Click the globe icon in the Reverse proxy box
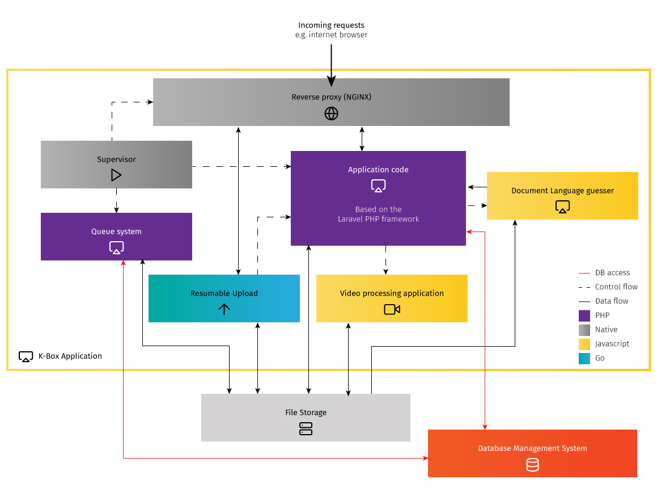331,113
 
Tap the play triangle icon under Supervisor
116,175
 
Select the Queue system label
116,232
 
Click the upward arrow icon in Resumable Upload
224,309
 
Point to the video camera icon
392,309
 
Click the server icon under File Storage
306,428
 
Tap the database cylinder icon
532,465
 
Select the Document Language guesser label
562,191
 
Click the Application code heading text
378,170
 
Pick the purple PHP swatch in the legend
584,316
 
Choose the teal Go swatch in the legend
584,359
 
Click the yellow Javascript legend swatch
584,344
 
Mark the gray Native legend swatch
584,330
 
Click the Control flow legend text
616,287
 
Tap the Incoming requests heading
331,26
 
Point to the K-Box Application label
70,356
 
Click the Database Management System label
532,448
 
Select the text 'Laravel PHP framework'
378,219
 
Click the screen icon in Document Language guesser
562,207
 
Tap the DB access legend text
612,273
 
